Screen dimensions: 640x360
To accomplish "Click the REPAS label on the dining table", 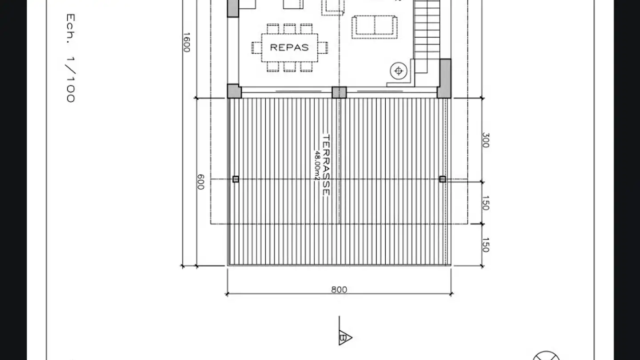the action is tap(289, 48).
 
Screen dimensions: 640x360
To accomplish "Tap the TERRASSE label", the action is tap(326, 165).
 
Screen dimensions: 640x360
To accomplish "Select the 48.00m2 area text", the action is tap(317, 166).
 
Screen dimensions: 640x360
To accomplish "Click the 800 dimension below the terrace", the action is tap(339, 290).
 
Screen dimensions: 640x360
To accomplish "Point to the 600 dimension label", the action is tap(201, 182).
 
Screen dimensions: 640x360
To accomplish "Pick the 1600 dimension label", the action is tap(186, 43).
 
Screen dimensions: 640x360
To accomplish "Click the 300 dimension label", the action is tap(486, 140).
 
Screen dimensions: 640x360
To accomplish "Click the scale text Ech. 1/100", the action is tap(71, 58).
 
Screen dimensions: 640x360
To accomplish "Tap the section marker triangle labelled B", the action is tap(345, 338).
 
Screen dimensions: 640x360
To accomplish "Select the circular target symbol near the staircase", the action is tap(399, 71).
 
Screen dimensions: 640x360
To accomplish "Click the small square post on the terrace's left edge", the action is tap(236, 179).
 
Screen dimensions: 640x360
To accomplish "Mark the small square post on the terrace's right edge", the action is tap(443, 179).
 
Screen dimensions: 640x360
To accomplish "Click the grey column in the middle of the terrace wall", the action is tap(339, 92).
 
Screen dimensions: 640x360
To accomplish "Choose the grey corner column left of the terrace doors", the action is tap(234, 91).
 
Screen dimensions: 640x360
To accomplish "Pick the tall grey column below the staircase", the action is tap(444, 79).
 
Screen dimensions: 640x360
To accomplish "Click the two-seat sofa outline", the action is tap(374, 27).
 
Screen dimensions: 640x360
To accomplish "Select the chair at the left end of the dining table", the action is tap(256, 48).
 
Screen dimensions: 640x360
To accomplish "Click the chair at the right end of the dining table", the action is tap(323, 48).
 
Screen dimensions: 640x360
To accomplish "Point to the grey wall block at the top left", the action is tap(233, 8).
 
